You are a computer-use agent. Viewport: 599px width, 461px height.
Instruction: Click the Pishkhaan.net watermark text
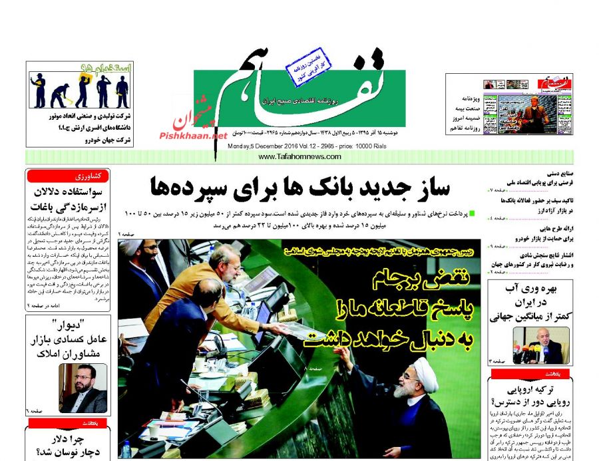193,134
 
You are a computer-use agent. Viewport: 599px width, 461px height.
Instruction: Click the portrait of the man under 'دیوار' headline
83,388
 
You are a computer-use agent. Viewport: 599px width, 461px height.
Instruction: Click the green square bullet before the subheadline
472,213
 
